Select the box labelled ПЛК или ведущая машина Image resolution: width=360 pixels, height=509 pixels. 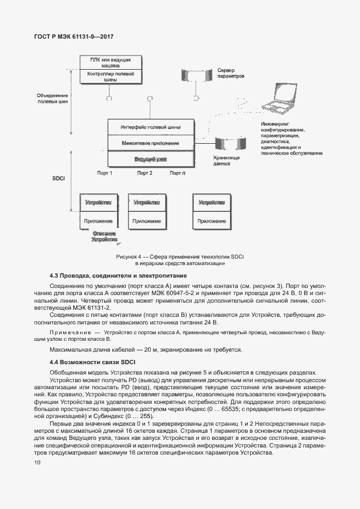tap(110, 62)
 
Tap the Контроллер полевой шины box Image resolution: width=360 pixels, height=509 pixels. tap(110, 76)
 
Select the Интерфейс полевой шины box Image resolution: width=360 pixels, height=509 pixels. tap(150, 127)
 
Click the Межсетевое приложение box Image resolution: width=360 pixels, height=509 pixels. tap(150, 143)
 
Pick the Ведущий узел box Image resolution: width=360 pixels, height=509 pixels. tap(150, 159)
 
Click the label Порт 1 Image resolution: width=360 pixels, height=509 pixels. tap(105, 173)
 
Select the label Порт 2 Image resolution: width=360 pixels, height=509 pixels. tap(144, 173)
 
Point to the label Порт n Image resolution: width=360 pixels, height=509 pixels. tap(178, 173)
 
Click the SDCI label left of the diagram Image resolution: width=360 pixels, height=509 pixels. tap(59, 179)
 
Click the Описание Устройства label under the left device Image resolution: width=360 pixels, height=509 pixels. tap(103, 236)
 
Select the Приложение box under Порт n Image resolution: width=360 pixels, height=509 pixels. tap(212, 221)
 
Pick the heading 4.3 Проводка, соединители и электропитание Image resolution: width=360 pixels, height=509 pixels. tap(118, 276)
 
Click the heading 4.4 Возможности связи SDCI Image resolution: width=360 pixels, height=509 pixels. tap(93, 361)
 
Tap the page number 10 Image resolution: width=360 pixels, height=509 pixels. tap(37, 463)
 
